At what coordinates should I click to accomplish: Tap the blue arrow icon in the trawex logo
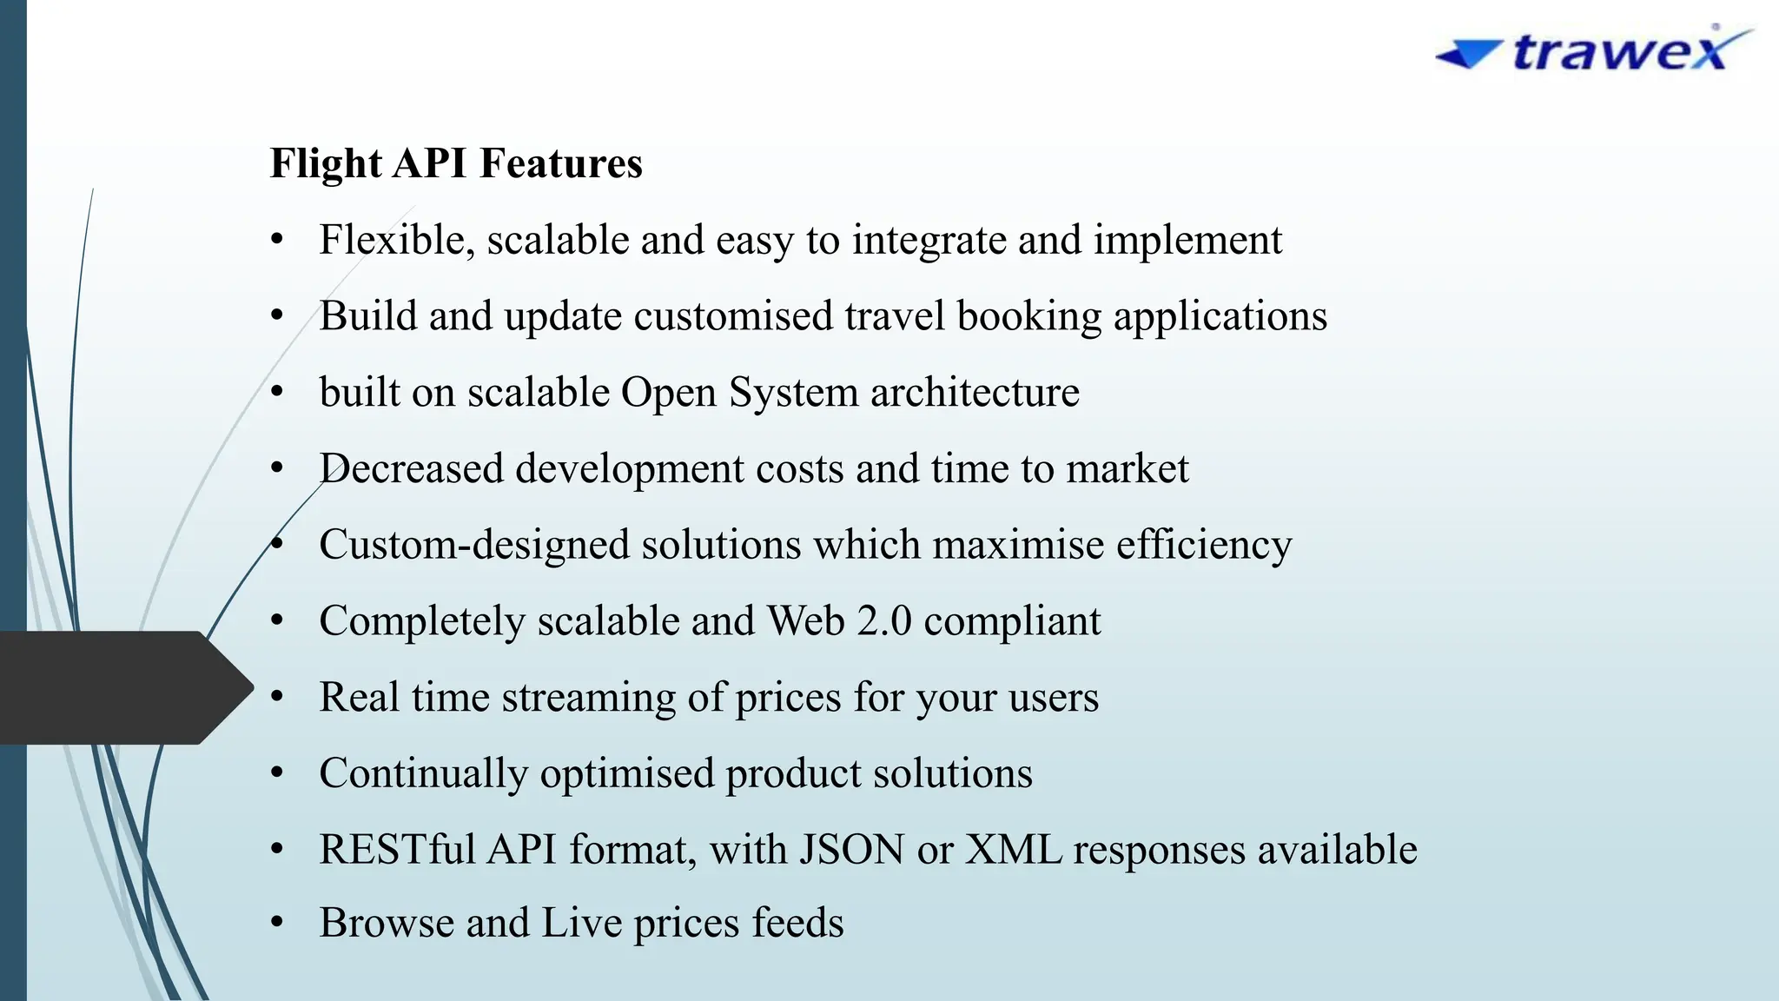point(1469,55)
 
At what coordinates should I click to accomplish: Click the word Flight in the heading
point(326,164)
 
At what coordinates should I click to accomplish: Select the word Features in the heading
point(560,163)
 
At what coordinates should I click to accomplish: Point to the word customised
point(732,315)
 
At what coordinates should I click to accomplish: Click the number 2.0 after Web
point(883,621)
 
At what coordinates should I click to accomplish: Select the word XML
point(1014,850)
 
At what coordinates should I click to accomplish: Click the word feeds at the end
point(797,923)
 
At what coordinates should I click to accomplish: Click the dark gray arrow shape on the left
point(122,687)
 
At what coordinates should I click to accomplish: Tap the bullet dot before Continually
point(277,772)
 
